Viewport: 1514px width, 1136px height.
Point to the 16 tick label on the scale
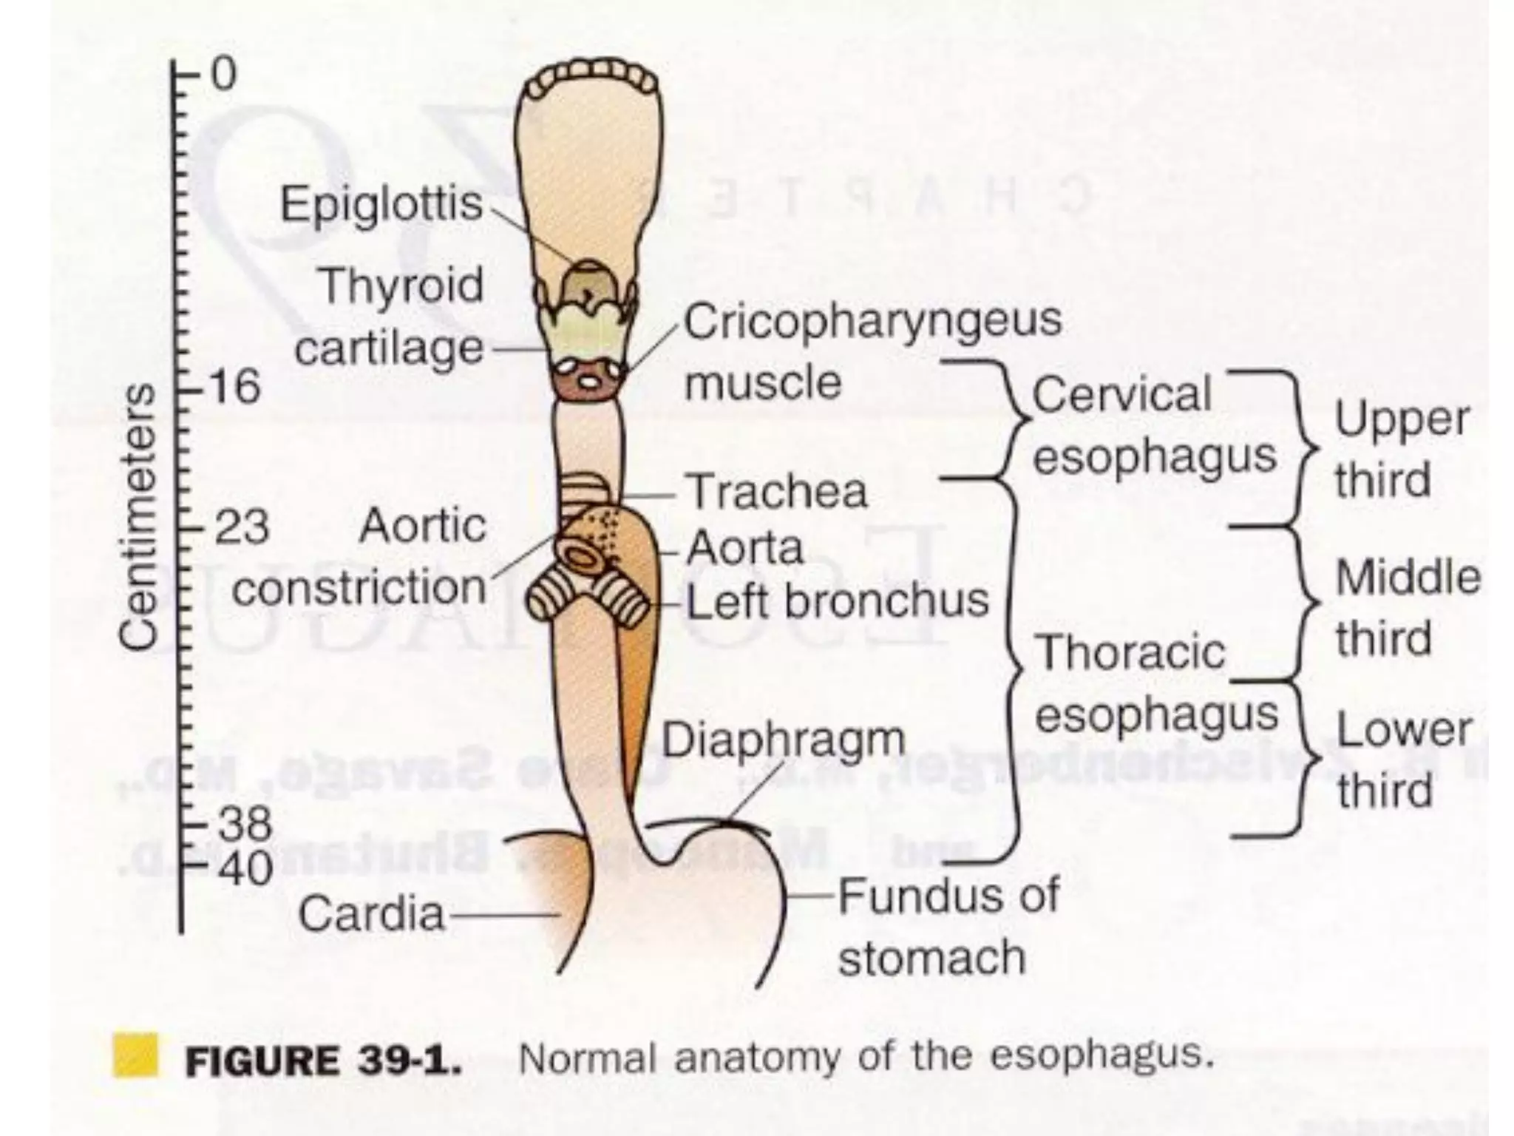(236, 386)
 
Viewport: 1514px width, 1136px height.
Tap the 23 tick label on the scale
(240, 528)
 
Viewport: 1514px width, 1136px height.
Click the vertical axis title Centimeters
(139, 518)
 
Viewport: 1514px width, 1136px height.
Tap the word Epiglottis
(381, 204)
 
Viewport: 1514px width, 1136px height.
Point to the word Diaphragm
(783, 740)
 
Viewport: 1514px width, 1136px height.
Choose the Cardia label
(372, 914)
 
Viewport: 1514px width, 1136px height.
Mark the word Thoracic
(1132, 652)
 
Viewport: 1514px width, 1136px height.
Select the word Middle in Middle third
(1408, 578)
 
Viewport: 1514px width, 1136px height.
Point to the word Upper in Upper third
(1401, 419)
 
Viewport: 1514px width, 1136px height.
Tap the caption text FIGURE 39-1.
(324, 1061)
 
